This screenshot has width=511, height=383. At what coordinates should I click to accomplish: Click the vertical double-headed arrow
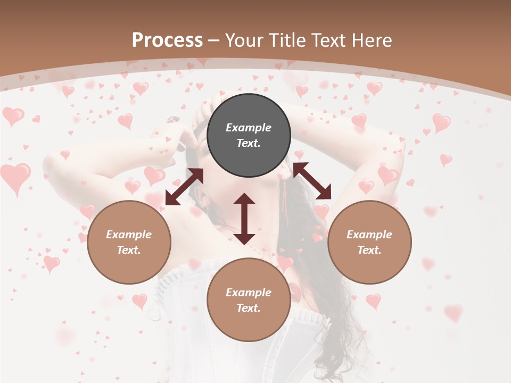coord(244,219)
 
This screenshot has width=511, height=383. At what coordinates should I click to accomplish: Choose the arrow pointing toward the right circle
coord(312,181)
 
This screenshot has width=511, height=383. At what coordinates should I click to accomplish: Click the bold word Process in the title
coord(167,40)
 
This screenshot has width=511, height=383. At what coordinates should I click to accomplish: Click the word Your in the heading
coord(242,40)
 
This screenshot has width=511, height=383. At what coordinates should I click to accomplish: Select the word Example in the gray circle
coord(249,128)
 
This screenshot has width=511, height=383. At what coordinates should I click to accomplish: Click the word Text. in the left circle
coord(129,250)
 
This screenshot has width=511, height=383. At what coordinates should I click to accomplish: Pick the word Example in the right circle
coord(369,235)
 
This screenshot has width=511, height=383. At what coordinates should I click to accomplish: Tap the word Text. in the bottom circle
coord(249,308)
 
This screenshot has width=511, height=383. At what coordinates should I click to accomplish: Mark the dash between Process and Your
coord(214,40)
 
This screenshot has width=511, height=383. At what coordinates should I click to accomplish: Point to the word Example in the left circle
coord(129,235)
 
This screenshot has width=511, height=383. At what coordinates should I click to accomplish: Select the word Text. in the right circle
coord(369,250)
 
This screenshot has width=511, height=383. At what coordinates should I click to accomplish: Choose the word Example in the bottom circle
coord(249,293)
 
